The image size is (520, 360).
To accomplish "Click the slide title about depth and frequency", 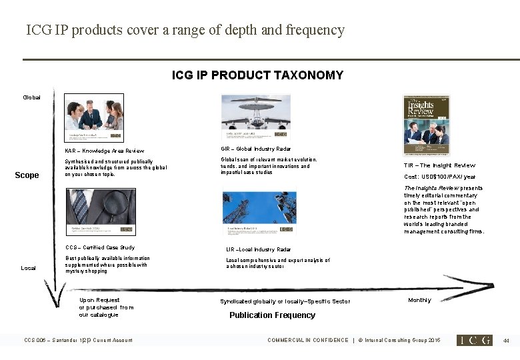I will [x=185, y=30].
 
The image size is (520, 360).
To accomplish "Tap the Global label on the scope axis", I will [x=31, y=97].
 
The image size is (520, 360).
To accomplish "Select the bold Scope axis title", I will [x=27, y=175].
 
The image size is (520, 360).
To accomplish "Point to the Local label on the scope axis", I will [x=28, y=268].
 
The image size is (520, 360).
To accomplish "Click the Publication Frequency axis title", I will [x=272, y=315].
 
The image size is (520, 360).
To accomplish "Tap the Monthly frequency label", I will [x=420, y=300].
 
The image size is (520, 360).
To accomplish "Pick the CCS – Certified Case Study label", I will [x=100, y=248].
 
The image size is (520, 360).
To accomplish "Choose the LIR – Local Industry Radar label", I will [x=259, y=249].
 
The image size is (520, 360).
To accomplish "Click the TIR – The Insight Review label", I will [x=439, y=165].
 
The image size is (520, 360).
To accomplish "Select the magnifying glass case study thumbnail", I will [x=101, y=213].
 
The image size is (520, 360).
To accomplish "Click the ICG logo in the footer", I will [x=474, y=340].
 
